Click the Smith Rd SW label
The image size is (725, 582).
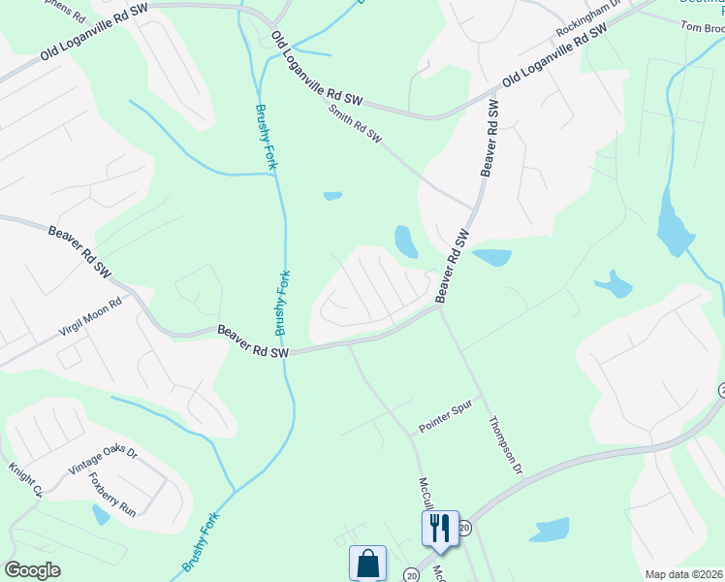pos(356,126)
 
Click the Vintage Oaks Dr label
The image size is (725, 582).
pos(103,461)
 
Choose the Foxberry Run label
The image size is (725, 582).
pos(111,495)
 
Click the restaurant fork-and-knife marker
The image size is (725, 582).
pos(440,528)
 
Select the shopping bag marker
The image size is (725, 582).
pos(368,563)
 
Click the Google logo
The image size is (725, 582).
pos(32,570)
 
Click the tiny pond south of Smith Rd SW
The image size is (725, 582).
pos(332,196)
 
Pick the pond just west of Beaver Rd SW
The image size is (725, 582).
pos(406,241)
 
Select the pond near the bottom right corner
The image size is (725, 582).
pos(551,531)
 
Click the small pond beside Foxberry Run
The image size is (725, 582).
pos(101,515)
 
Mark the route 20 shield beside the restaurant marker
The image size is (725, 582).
pos(464,528)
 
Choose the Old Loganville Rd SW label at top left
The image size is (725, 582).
pos(93,45)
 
